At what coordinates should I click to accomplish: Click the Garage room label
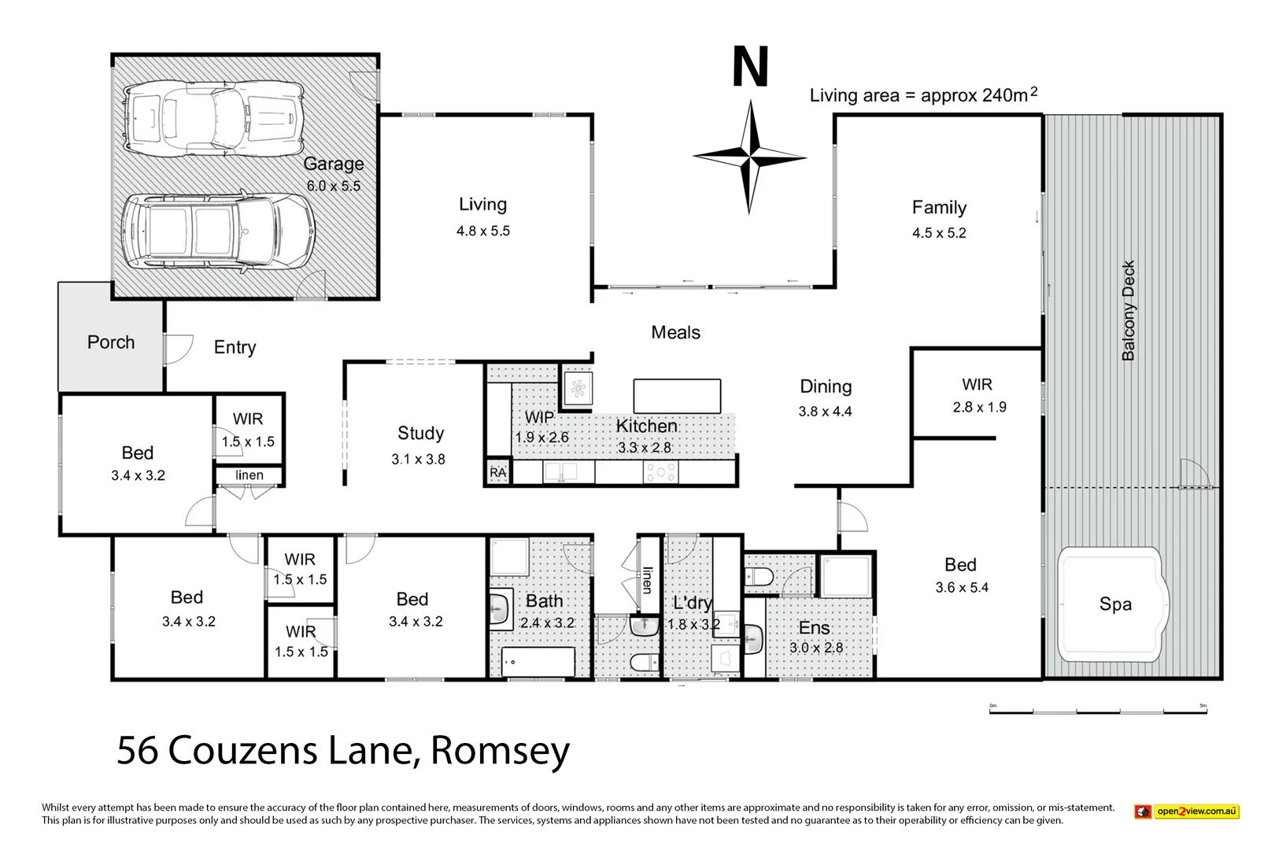334,164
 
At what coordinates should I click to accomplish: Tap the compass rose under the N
750,157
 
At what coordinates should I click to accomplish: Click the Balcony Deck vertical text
1129,310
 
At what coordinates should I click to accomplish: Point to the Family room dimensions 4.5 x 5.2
939,233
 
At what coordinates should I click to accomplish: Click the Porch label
111,342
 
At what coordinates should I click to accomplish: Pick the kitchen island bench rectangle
677,395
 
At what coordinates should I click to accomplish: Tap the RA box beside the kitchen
497,472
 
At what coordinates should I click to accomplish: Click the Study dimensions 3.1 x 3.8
418,459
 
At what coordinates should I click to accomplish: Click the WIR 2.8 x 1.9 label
978,396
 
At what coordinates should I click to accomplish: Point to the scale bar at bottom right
1097,710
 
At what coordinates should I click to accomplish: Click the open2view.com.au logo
1187,811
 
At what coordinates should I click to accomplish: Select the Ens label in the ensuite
814,628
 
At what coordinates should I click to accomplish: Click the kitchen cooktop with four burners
660,472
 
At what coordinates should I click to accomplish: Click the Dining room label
826,386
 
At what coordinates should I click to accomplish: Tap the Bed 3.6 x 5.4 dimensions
962,587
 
